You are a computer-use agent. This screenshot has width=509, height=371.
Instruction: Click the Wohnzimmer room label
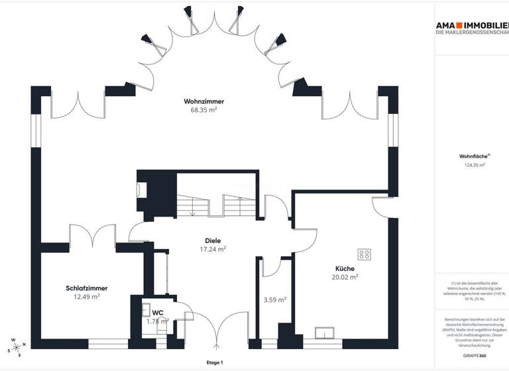coord(203,101)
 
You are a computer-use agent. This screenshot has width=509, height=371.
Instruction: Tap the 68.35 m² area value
coord(203,111)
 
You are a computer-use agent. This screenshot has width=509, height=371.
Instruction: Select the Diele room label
coord(213,240)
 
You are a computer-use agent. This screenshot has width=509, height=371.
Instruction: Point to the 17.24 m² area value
coord(213,250)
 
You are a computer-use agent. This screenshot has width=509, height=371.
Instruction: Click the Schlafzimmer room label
coord(87,288)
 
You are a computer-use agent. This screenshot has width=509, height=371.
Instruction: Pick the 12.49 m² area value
coord(87,297)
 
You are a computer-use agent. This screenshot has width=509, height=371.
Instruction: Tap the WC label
coord(158,312)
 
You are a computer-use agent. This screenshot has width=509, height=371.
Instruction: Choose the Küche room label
coord(345,268)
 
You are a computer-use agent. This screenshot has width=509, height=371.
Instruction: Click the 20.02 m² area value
coord(345,278)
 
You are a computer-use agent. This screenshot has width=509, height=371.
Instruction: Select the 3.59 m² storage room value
coord(274,299)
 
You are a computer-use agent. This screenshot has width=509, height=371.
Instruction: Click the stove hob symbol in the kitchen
coord(364,254)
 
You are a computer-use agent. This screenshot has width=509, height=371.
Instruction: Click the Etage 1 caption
coord(214,363)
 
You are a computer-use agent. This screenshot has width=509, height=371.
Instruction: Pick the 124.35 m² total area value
coord(475,166)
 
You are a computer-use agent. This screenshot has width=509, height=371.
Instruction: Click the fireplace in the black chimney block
coord(141,189)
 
